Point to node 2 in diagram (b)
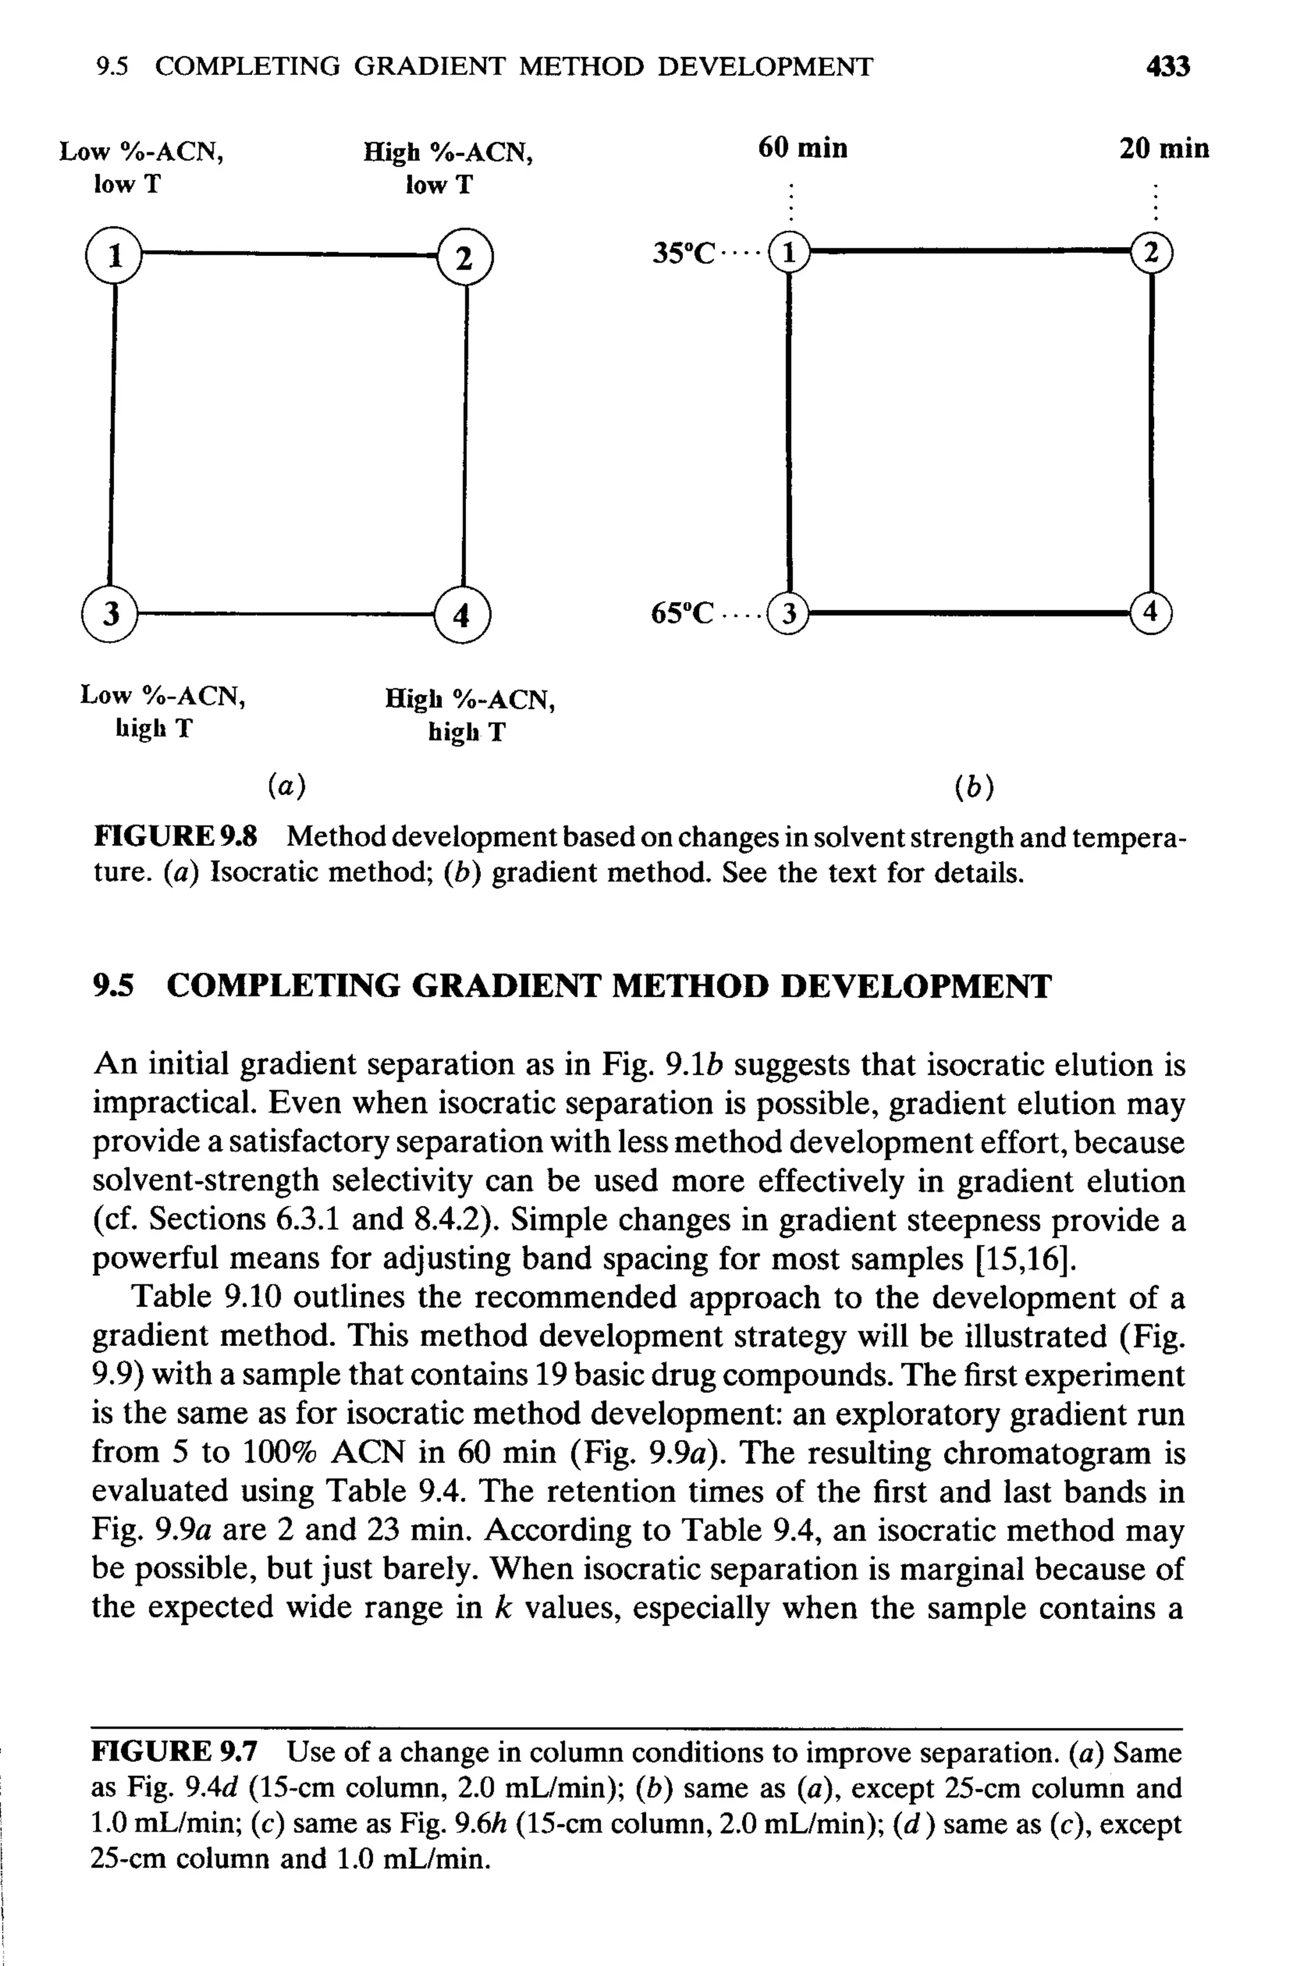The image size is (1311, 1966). [x=1152, y=252]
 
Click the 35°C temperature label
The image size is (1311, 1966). [x=684, y=252]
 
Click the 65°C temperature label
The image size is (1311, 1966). [x=683, y=614]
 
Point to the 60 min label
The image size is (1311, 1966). [x=802, y=148]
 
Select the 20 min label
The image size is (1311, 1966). [x=1164, y=148]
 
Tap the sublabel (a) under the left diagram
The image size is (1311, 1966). [x=287, y=785]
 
